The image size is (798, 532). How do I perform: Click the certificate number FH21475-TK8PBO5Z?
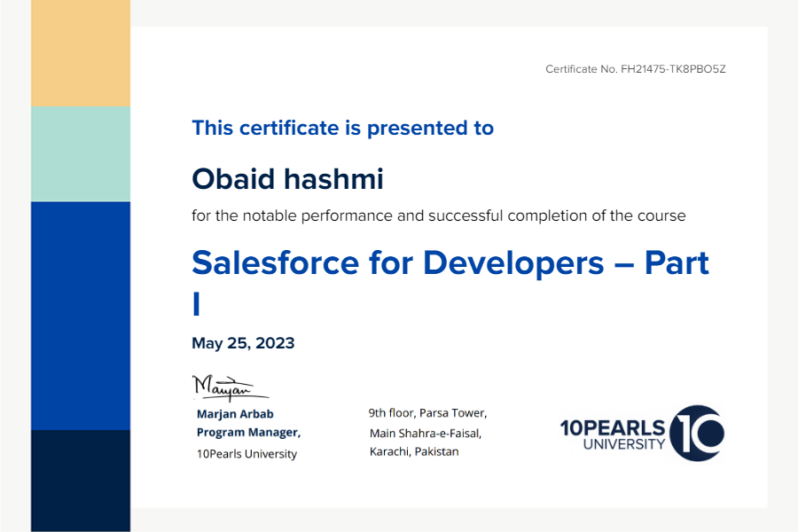[673, 69]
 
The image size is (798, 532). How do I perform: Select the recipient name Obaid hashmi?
[287, 179]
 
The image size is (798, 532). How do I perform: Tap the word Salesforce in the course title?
[276, 262]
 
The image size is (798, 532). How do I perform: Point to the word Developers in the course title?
[513, 263]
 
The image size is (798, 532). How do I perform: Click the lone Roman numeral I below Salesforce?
[197, 304]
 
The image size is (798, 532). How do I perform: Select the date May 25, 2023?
[243, 343]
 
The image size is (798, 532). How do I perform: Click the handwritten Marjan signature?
[230, 388]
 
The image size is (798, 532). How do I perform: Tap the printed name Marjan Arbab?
[235, 414]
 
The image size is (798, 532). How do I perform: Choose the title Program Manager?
[249, 432]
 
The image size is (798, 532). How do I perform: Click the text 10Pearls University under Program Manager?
[246, 454]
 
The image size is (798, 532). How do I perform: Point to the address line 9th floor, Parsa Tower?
[428, 413]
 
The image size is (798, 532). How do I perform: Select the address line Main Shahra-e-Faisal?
[426, 434]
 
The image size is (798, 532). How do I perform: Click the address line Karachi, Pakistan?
[414, 451]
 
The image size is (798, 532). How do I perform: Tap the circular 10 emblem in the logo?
[697, 434]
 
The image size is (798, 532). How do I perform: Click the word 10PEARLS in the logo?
[612, 428]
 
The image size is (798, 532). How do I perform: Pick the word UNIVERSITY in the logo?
[624, 444]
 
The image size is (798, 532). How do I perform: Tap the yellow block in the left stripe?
[81, 53]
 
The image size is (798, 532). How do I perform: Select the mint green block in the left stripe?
[81, 154]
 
